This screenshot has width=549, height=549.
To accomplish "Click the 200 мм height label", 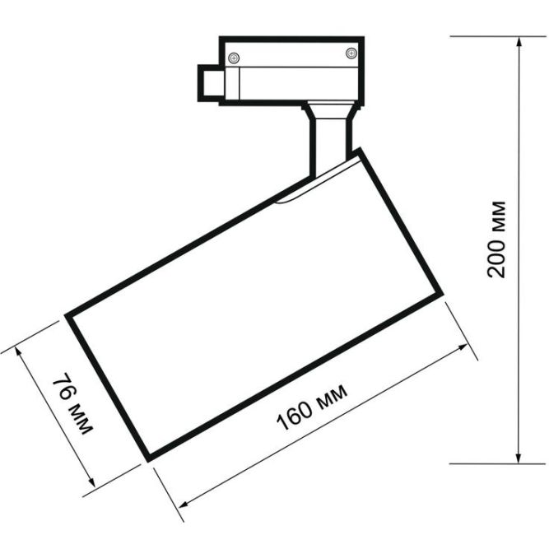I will click(x=496, y=239).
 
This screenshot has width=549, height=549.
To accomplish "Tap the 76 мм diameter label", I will click(x=72, y=404).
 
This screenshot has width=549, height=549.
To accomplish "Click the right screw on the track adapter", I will click(x=351, y=54).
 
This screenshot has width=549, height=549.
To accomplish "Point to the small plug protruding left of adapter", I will click(x=209, y=84).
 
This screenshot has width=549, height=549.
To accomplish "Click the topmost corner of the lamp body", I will click(x=359, y=150).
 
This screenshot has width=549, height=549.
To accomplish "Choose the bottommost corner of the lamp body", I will click(x=148, y=458).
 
